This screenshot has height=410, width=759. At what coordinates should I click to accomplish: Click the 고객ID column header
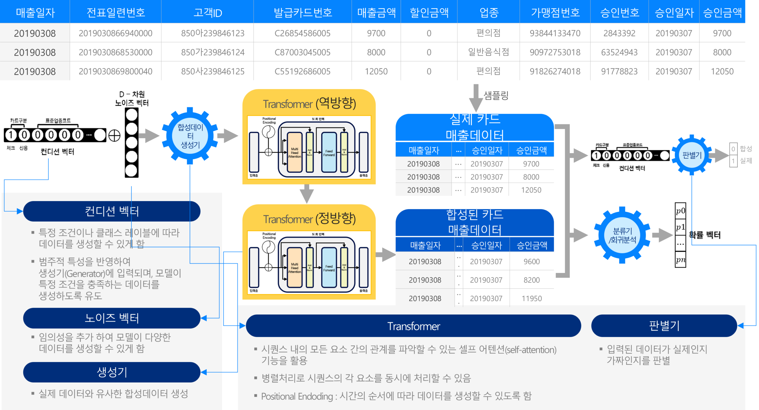click(208, 12)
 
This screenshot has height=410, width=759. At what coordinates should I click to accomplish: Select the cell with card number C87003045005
click(302, 52)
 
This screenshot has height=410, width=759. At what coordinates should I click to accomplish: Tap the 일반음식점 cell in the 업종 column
click(488, 52)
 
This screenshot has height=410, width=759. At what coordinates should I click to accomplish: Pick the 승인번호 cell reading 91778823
click(619, 71)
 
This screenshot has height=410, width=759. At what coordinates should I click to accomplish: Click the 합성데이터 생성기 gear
click(190, 136)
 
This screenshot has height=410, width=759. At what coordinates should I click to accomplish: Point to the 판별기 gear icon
click(692, 155)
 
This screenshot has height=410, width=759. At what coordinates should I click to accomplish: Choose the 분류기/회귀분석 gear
click(622, 235)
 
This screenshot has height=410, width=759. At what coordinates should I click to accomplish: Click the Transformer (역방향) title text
click(309, 104)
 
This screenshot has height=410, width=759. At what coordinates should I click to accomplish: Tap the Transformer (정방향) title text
click(309, 219)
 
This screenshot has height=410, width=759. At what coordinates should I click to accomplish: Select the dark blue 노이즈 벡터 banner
click(112, 318)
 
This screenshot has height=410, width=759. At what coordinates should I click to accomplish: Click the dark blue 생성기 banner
click(112, 372)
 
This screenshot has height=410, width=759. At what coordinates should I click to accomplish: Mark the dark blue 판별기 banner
click(664, 326)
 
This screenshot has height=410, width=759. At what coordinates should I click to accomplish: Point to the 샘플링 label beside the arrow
click(496, 96)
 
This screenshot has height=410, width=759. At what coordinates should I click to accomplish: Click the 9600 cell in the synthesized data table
click(532, 261)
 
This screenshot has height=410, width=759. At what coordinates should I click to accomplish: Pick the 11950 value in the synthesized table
click(532, 298)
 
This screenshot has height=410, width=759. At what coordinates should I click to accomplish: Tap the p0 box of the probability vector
click(680, 211)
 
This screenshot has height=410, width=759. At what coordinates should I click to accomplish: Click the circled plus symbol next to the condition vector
click(114, 136)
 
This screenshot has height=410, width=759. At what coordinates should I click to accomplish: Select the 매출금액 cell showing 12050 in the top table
click(376, 71)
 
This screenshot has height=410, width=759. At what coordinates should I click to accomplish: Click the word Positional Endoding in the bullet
click(297, 396)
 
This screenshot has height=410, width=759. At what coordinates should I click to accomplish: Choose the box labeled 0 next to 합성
click(733, 149)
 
